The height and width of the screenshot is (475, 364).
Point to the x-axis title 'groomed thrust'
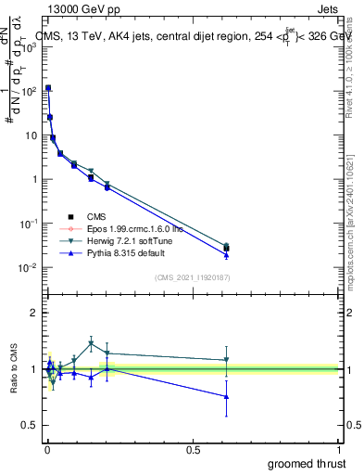(307, 463)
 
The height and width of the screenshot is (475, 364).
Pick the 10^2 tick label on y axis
(28, 91)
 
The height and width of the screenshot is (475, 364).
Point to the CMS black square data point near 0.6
(226, 248)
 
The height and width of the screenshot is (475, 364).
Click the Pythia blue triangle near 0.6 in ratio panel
(226, 396)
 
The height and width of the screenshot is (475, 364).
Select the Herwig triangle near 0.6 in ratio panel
(226, 360)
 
